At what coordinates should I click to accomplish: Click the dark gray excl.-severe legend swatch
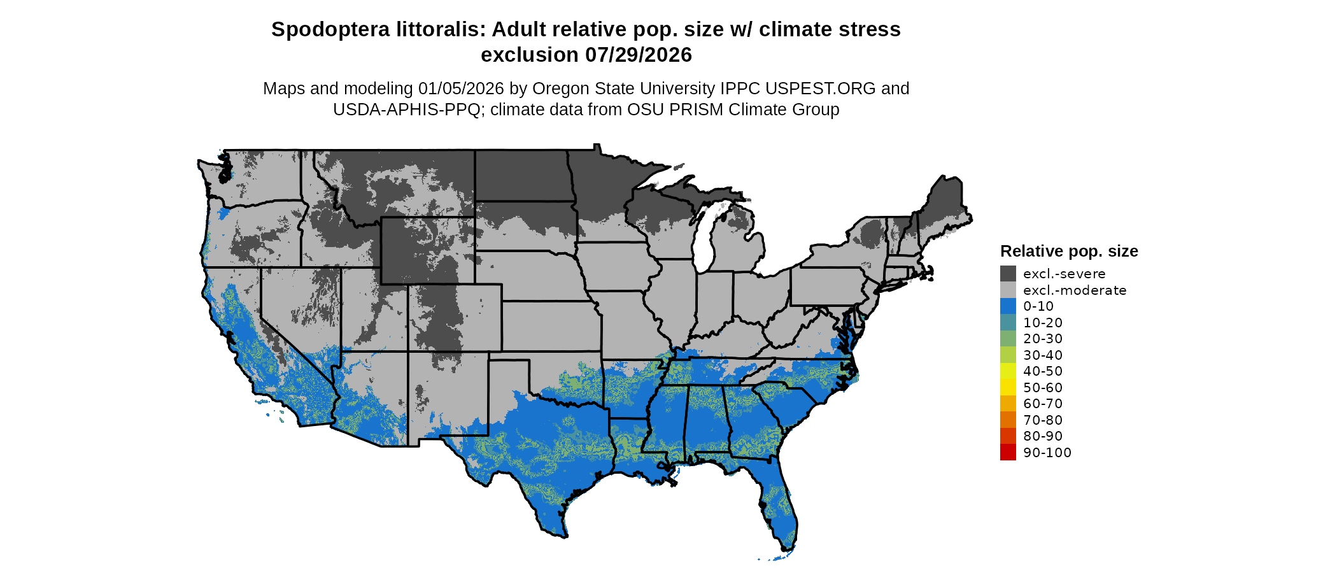pos(1008,274)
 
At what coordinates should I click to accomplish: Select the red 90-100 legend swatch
pos(1008,452)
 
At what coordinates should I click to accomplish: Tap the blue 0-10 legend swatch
pos(1008,306)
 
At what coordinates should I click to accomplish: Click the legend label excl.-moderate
pos(1075,290)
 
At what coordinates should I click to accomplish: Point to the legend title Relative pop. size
pos(1069,251)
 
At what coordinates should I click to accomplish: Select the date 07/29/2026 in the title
pos(639,55)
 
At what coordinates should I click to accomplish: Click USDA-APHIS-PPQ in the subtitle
pos(407,110)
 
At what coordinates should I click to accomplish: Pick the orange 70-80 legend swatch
pos(1008,420)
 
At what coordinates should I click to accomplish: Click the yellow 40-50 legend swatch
pos(1008,371)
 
